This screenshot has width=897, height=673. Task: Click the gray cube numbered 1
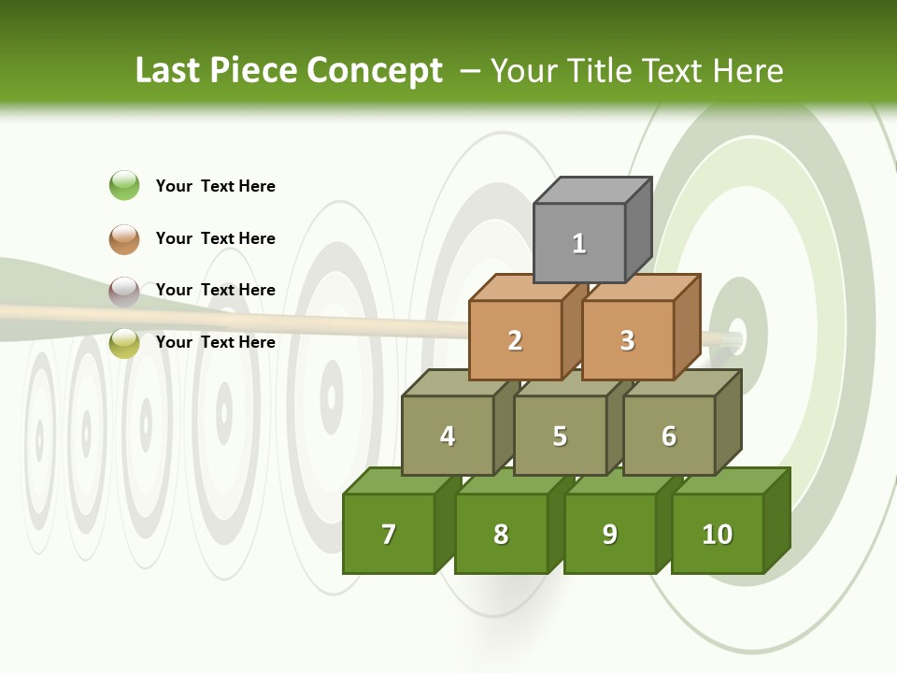point(579,243)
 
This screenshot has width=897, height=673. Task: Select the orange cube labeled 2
point(515,340)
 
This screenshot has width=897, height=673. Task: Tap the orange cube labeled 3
point(627,340)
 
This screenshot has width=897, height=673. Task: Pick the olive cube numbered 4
point(448,436)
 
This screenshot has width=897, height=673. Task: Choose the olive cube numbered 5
point(560,436)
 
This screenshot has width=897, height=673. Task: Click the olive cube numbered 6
point(669,436)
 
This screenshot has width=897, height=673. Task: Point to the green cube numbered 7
point(389,534)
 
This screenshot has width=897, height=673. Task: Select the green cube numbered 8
point(501,534)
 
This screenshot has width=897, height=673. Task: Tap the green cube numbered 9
point(610,534)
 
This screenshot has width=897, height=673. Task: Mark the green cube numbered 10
point(717,534)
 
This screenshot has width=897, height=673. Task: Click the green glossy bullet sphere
point(124,185)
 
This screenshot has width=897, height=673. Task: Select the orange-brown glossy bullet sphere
point(124,238)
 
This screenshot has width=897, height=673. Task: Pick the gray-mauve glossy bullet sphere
point(124,291)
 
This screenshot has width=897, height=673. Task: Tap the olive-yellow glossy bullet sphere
point(124,343)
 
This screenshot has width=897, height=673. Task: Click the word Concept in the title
point(375,71)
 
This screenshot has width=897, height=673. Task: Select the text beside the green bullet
point(216,186)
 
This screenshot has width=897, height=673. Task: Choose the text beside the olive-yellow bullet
point(216,342)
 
